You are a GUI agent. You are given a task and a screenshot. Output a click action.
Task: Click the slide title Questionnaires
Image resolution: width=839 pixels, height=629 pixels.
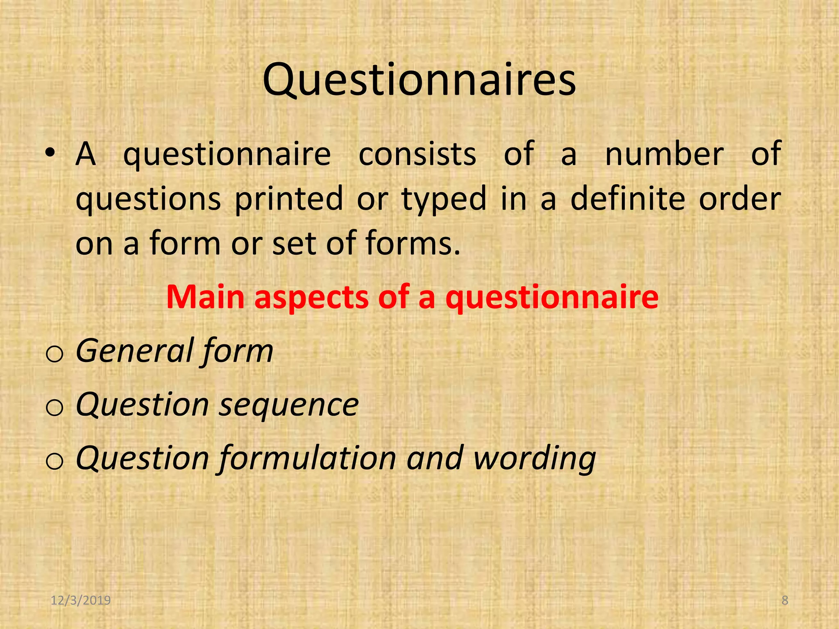pyautogui.click(x=419, y=80)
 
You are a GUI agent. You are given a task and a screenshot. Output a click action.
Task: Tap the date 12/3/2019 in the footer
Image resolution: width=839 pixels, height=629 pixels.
pyautogui.click(x=81, y=600)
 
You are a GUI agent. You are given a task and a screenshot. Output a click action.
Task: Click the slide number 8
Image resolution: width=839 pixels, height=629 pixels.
pyautogui.click(x=785, y=600)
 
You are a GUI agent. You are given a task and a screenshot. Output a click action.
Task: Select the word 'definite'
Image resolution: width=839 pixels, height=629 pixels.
pyautogui.click(x=628, y=199)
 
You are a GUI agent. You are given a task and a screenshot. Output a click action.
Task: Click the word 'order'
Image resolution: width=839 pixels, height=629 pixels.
pyautogui.click(x=739, y=199)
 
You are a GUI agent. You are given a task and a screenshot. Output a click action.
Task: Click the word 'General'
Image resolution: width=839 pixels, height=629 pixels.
pyautogui.click(x=134, y=351)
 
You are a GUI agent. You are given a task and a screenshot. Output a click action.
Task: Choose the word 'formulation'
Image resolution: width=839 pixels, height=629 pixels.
pyautogui.click(x=308, y=458)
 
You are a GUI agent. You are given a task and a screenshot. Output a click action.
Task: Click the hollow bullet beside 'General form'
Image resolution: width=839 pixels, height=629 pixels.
pyautogui.click(x=54, y=354)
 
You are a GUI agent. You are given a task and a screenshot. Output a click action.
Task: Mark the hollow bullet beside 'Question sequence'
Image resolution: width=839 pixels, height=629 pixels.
pyautogui.click(x=54, y=407)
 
